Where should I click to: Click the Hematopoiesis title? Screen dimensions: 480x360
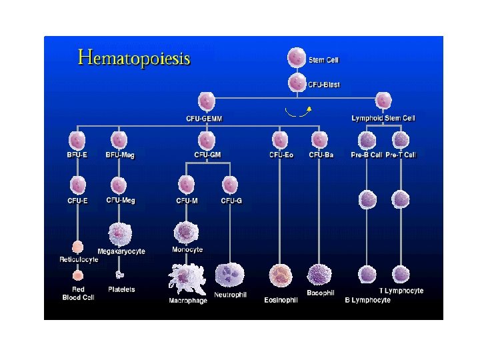click(134, 57)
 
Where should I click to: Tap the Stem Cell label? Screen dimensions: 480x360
click(323, 60)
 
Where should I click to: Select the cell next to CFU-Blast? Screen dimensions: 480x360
click(297, 83)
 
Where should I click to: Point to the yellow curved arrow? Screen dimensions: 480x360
click(298, 111)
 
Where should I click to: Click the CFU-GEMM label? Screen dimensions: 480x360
click(204, 119)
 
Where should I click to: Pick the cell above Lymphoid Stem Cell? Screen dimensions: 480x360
click(383, 101)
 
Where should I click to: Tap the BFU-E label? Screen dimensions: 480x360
click(77, 155)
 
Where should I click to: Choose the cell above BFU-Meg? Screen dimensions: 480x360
click(119, 140)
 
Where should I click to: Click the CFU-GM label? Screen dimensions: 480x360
click(207, 155)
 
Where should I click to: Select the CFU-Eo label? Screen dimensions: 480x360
click(281, 155)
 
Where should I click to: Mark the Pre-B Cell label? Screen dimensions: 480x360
click(367, 155)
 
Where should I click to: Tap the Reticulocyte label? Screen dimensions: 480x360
click(79, 259)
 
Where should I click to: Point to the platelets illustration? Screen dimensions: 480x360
click(120, 274)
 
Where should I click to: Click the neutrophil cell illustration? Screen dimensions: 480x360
click(229, 274)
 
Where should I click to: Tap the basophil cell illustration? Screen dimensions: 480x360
click(319, 275)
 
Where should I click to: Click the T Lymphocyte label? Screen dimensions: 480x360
click(401, 291)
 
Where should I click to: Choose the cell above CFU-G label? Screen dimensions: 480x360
click(230, 184)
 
